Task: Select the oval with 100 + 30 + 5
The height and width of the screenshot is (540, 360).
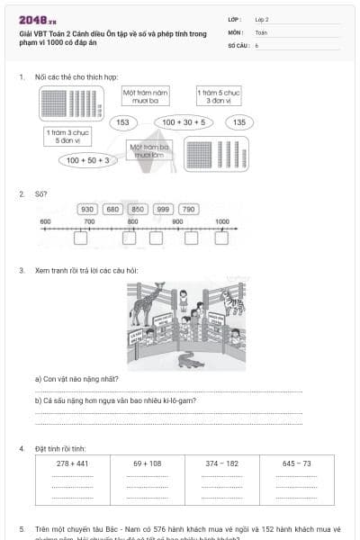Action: click(x=184, y=122)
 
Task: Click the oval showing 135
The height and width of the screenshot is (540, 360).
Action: click(x=238, y=122)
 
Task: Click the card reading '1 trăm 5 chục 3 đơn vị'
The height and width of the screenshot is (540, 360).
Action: click(x=219, y=95)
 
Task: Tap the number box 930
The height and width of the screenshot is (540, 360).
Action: click(x=87, y=209)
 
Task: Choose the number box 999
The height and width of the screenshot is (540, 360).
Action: click(x=163, y=209)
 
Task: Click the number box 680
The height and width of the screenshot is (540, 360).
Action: click(x=112, y=209)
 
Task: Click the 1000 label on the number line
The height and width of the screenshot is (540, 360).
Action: click(x=221, y=221)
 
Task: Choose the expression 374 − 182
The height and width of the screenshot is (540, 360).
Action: click(x=221, y=463)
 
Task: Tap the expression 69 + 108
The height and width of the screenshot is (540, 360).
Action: click(x=147, y=463)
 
